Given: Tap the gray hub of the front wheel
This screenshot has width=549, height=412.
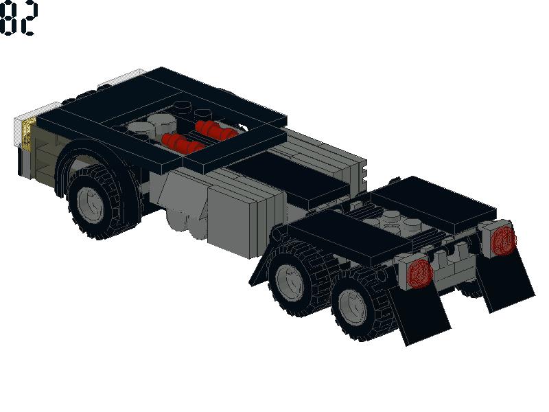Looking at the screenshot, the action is (x=91, y=204).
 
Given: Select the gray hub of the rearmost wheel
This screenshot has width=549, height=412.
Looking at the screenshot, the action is (x=353, y=307).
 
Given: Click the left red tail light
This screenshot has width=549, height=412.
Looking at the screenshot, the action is (x=420, y=273).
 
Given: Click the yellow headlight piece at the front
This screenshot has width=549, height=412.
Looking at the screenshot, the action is (x=28, y=134).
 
